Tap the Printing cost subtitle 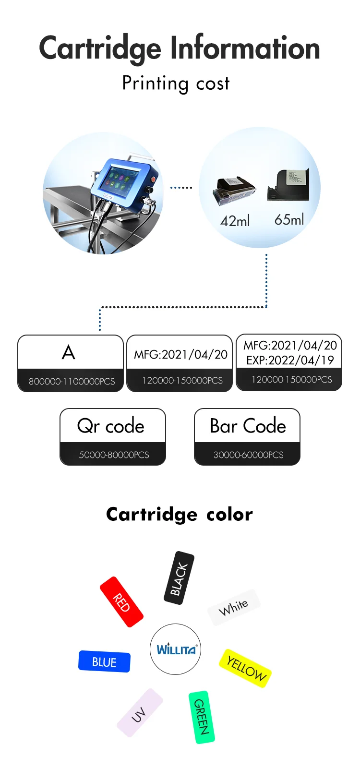(176, 84)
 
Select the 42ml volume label (235, 221)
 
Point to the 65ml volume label (289, 220)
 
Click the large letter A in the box (69, 353)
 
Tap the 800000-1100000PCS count (72, 382)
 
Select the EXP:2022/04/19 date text (290, 360)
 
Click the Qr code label (111, 426)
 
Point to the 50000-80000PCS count (114, 455)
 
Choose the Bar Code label (248, 426)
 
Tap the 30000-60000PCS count (248, 455)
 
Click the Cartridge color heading (179, 514)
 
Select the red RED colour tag (121, 602)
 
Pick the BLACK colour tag (179, 578)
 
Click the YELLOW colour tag (245, 668)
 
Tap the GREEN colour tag (202, 717)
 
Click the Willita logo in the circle (176, 649)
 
